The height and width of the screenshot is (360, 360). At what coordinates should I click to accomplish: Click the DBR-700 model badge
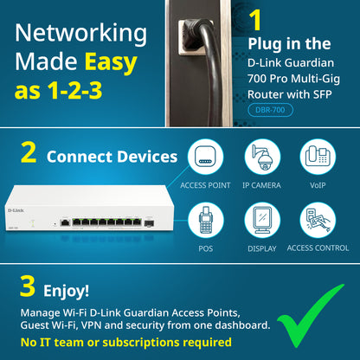(269, 110)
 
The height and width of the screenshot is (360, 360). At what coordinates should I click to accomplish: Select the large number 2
(28, 154)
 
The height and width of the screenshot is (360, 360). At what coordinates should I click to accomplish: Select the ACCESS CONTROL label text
(317, 247)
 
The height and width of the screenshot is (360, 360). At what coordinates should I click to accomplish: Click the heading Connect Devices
(112, 157)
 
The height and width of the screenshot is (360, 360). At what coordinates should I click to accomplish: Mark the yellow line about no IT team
(126, 342)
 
